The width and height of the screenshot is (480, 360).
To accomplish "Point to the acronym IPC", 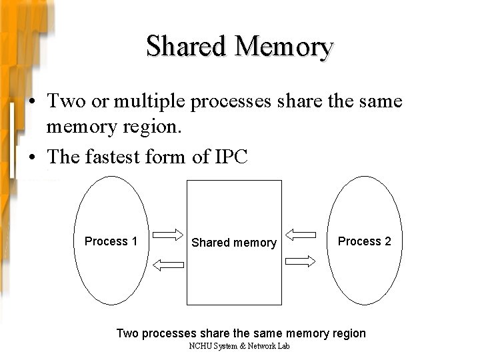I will click(230, 157).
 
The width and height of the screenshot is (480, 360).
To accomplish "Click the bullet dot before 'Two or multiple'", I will click(32, 103).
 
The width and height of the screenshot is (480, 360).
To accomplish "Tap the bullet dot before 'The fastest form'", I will click(32, 157).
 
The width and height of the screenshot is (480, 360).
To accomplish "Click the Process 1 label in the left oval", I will click(111, 241).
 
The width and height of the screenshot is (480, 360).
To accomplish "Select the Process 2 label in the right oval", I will click(365, 241).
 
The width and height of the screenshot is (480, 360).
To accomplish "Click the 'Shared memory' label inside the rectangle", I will click(234, 243).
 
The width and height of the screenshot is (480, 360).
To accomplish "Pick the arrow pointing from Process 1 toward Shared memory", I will click(168, 234).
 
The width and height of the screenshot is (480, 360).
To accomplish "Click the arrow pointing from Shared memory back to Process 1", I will click(168, 265).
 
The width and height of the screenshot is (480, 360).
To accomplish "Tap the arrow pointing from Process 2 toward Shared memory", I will click(301, 234).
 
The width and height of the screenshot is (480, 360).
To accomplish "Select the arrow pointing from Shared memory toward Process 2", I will click(301, 265).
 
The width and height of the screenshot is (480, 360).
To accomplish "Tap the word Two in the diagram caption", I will click(125, 333).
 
